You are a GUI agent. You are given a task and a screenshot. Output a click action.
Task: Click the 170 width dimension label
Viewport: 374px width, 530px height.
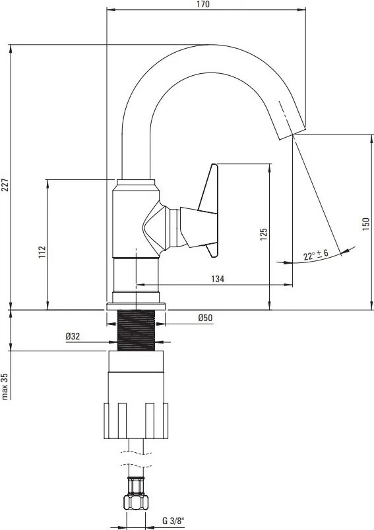point(203,4)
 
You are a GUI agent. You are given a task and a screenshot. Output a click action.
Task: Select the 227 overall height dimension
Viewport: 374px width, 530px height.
point(5,185)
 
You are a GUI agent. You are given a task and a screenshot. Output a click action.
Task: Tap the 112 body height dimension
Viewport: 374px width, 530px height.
point(42,252)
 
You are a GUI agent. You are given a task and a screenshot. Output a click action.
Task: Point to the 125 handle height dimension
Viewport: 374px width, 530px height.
point(264,234)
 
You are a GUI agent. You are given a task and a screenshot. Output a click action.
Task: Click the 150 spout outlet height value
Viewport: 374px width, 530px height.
point(366,224)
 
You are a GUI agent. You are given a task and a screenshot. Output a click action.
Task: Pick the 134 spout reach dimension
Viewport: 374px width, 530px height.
point(218,279)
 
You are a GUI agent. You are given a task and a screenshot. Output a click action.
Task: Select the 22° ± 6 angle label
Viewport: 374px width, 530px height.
point(315,254)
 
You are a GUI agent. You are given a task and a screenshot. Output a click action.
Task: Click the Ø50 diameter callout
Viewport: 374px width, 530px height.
point(205,318)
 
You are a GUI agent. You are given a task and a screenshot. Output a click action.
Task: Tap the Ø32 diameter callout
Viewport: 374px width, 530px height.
point(73,336)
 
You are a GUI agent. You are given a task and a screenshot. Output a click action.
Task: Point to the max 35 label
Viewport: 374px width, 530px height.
point(5,386)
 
